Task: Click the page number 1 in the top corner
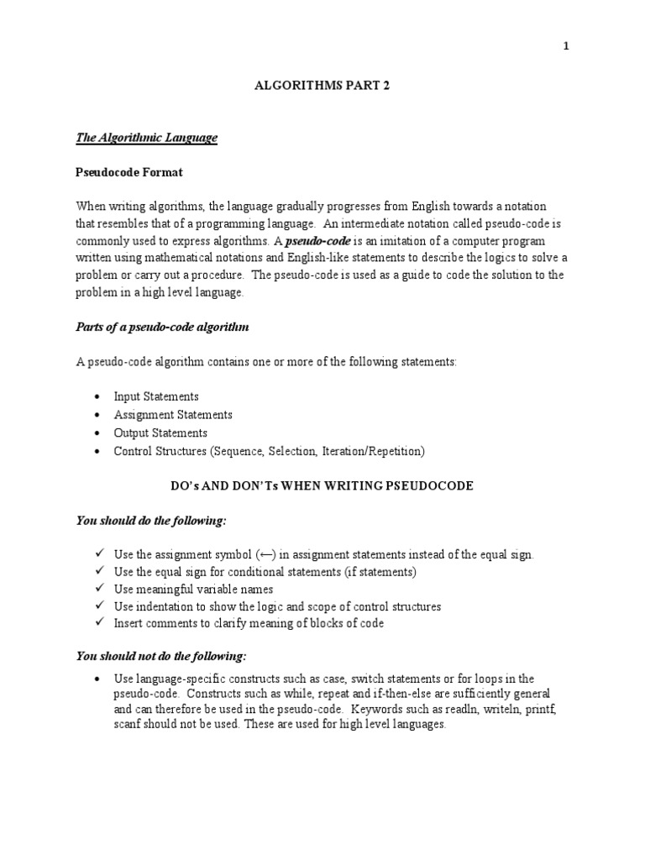566,47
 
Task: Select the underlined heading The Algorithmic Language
147,138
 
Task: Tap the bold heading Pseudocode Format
129,172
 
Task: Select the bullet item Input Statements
156,396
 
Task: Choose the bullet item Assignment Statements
173,415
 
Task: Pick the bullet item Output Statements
160,433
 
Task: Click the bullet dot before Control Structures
98,452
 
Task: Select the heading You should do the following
152,521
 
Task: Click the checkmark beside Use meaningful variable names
98,590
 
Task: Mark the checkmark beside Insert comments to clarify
98,623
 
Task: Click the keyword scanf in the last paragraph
127,725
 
